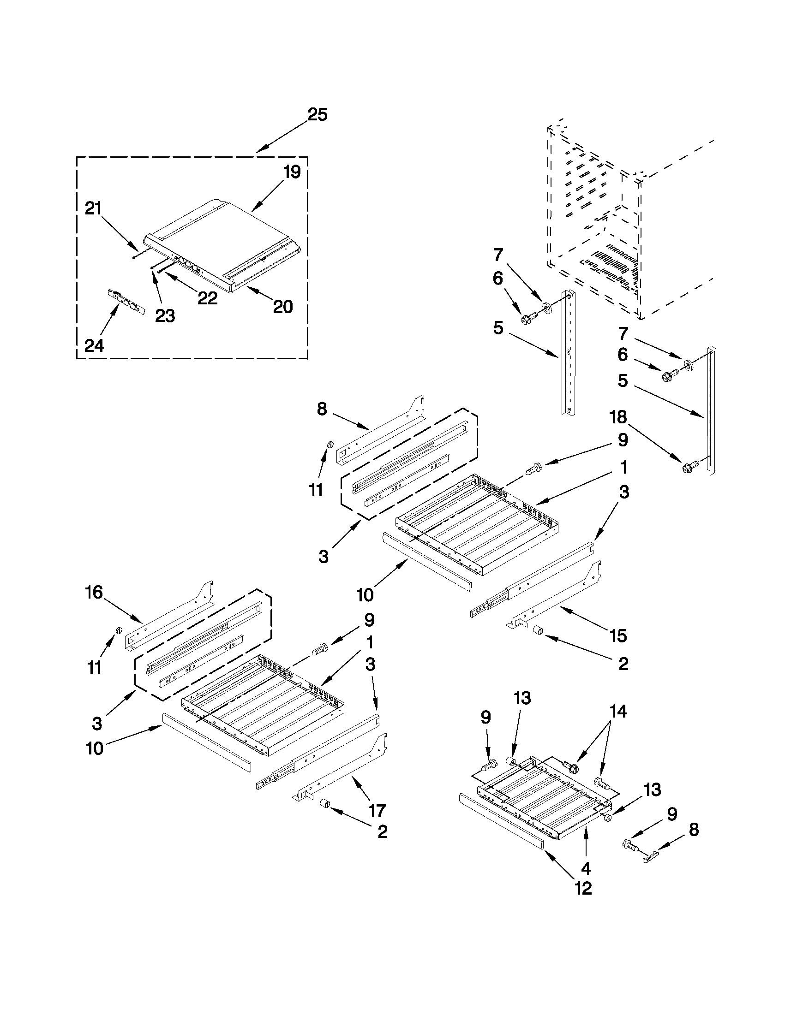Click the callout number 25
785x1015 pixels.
pos(318,114)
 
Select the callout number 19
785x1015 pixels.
pos(292,172)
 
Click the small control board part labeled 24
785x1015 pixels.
pos(124,301)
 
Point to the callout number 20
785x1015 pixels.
pos(283,306)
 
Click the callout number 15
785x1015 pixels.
pos(618,635)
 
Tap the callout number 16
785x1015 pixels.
pos(94,592)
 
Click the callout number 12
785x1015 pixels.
pos(583,888)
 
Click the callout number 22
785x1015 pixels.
pos(207,298)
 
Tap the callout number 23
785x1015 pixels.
pos(165,315)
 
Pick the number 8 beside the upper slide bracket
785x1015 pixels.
pos(322,409)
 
